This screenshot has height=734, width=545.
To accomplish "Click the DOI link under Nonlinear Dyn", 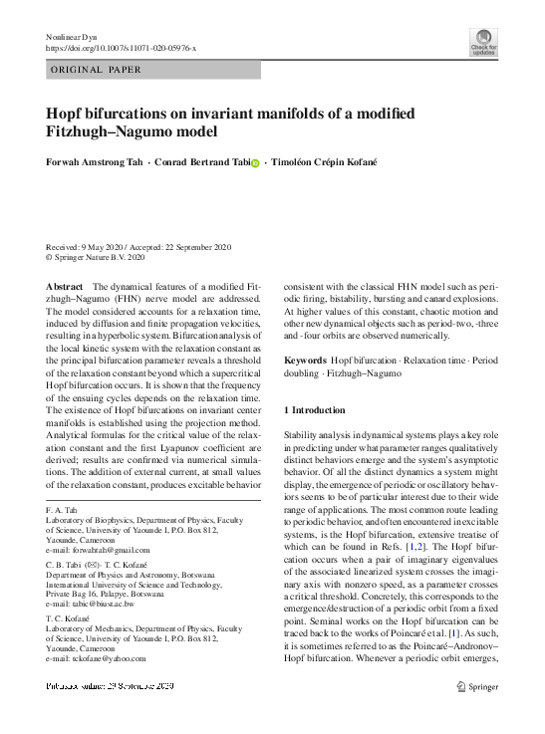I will (x=122, y=47).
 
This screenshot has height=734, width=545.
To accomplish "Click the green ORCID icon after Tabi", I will (x=254, y=163).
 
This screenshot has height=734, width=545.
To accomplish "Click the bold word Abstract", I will (x=65, y=286).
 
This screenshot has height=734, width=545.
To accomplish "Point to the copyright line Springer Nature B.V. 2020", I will (x=98, y=257).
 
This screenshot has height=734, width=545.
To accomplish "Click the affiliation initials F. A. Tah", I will (x=62, y=509).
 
